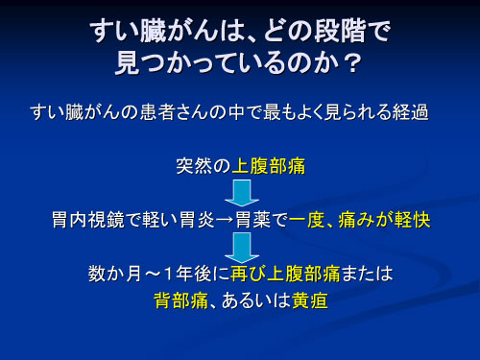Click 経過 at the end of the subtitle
coord(408,113)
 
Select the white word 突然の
coord(203,165)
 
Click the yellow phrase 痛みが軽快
coord(394,219)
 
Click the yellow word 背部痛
coord(181,300)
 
